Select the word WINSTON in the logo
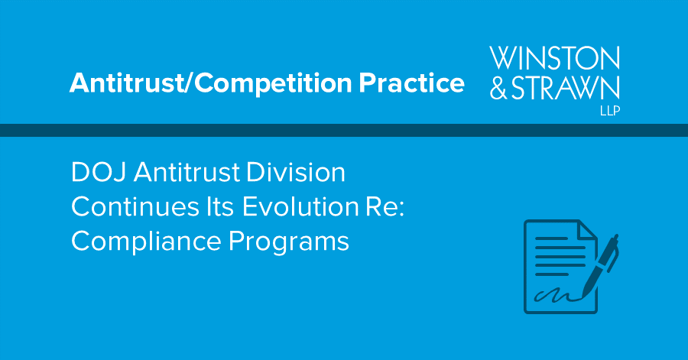coord(554,59)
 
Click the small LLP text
coord(608,110)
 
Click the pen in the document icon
coord(603,264)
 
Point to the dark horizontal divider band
coord(344,130)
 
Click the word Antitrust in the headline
coord(190,174)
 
